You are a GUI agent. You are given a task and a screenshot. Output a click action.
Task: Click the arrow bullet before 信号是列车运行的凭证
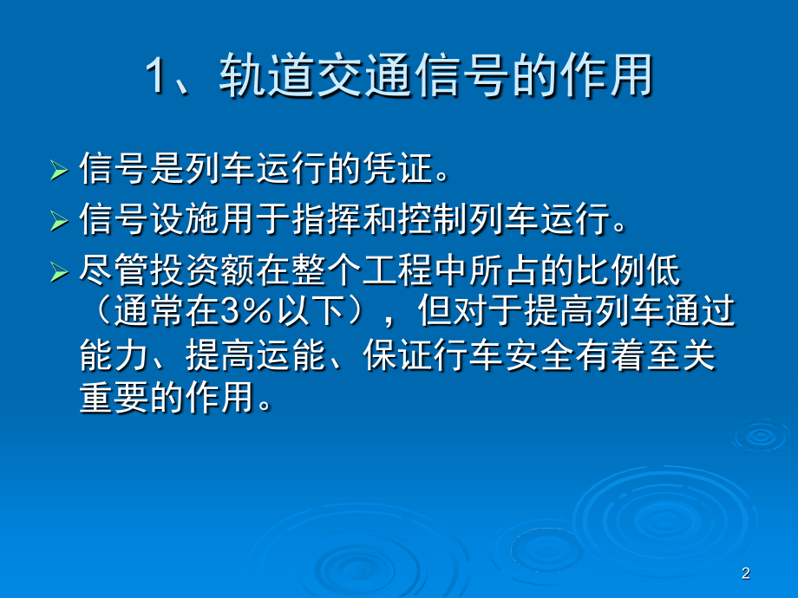58,170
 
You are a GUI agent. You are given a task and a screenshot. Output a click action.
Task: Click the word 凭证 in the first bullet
407,168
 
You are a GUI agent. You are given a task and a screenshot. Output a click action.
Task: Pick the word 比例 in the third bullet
628,273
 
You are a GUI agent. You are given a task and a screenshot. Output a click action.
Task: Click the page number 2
746,574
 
